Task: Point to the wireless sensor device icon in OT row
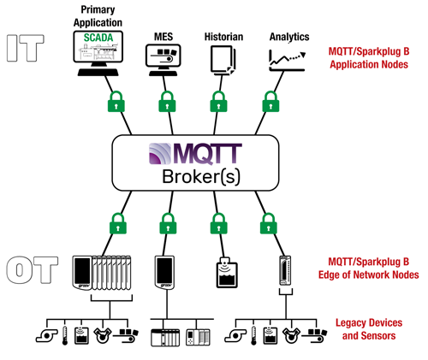[x=224, y=271]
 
